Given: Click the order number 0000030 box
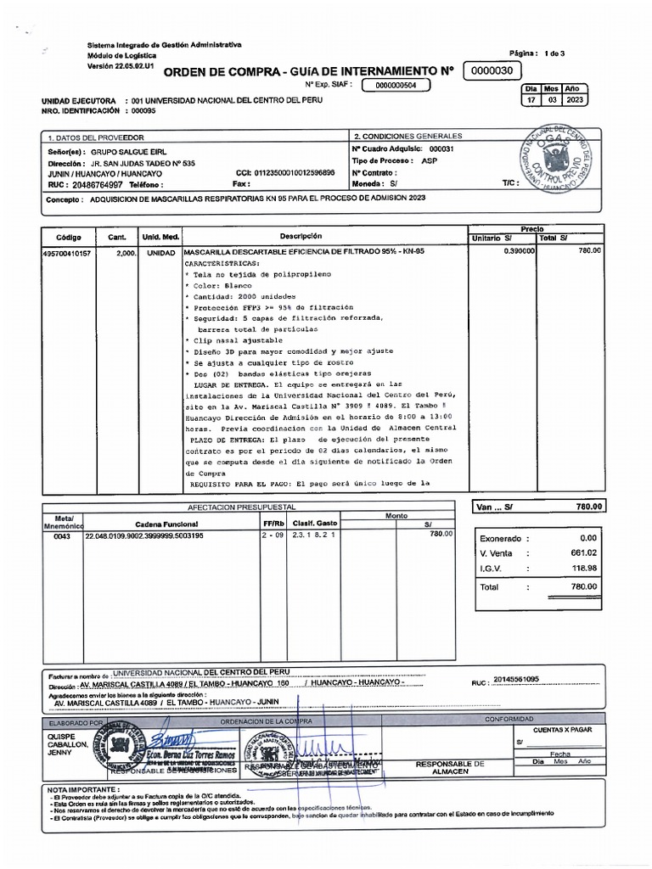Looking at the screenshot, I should [x=492, y=71].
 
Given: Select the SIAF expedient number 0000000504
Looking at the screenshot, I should [x=396, y=86].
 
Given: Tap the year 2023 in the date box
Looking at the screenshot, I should [x=572, y=100].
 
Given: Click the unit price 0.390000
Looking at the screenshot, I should [x=518, y=251].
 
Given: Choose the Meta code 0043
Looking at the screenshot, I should [x=63, y=536].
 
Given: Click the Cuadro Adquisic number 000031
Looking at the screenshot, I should [x=442, y=149].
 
